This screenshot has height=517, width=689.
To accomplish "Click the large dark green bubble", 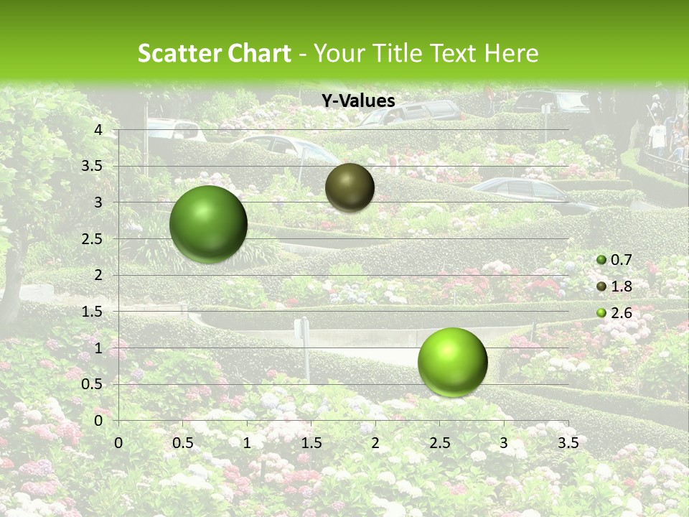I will click(x=208, y=224).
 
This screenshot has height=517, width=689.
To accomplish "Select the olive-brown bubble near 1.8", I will click(x=350, y=187).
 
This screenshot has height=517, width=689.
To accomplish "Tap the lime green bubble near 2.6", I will click(x=452, y=362).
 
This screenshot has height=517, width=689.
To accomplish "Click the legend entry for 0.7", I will click(x=614, y=261).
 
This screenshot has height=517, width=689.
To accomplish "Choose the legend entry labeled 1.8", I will click(x=614, y=287).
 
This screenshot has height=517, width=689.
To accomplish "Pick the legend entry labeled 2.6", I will click(x=614, y=312).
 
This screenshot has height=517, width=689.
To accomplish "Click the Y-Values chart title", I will click(x=358, y=101).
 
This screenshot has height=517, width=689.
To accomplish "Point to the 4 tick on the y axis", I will click(x=98, y=130).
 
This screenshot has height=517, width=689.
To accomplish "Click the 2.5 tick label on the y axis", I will click(x=91, y=239).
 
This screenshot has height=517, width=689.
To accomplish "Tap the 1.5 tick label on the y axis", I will click(x=91, y=312).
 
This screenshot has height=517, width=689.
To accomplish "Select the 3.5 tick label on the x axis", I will click(x=568, y=443).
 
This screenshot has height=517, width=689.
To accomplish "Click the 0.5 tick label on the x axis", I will click(x=183, y=443).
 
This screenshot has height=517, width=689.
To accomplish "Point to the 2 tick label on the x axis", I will click(x=375, y=443).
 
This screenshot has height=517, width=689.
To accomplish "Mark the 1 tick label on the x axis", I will click(x=247, y=443).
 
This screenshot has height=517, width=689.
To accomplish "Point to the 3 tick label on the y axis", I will click(x=98, y=202).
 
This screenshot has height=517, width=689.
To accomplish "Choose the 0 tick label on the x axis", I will click(x=119, y=443).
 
